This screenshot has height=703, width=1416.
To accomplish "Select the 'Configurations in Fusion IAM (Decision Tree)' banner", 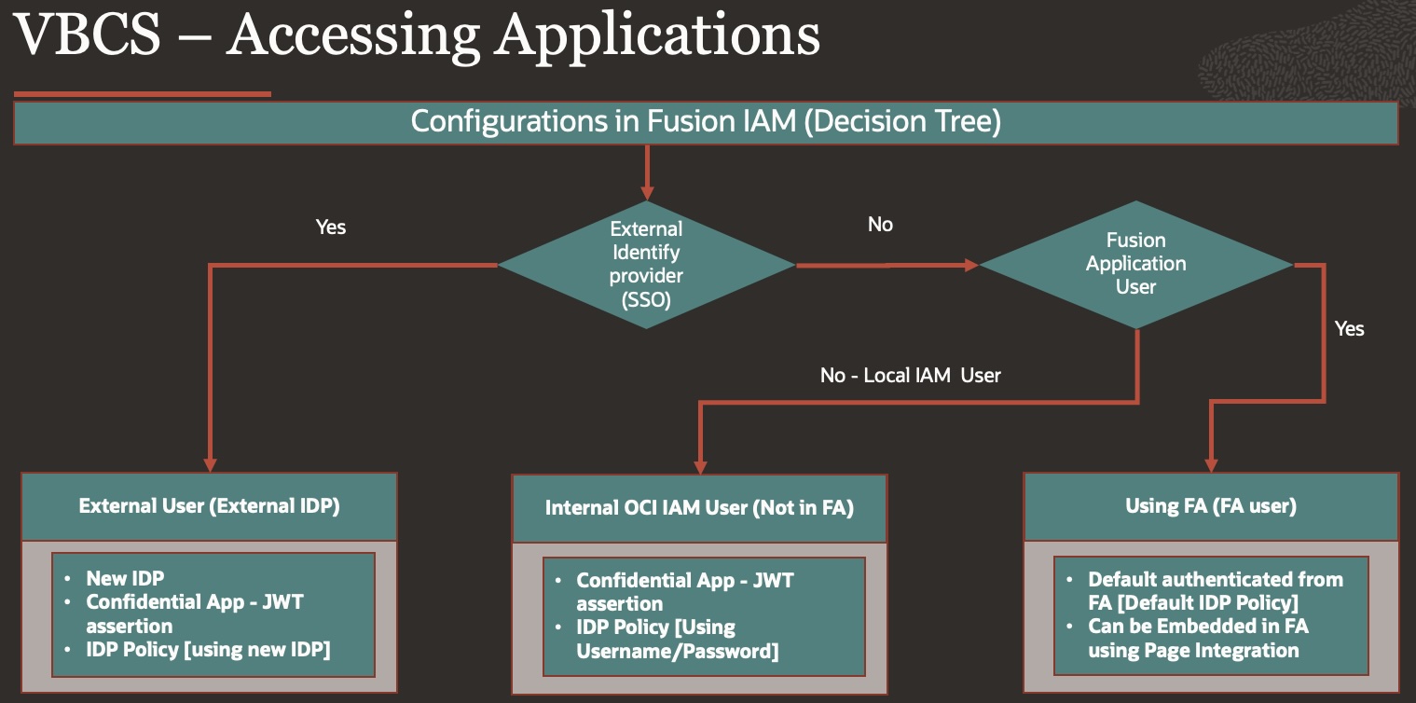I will click(706, 123).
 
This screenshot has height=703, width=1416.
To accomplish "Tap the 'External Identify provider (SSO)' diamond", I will click(646, 265).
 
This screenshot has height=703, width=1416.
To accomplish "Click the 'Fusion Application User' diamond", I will click(1135, 264).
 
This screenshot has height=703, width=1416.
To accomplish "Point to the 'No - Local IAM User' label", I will click(910, 376).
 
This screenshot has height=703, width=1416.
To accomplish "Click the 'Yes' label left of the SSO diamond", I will click(331, 227).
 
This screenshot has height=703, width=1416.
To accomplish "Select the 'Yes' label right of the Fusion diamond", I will click(1349, 328).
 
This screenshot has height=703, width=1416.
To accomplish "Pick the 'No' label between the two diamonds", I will click(880, 225).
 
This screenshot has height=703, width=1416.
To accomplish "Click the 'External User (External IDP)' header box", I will click(209, 506).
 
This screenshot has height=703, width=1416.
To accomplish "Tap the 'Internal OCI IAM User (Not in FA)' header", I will click(699, 508).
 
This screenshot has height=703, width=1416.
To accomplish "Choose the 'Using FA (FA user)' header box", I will click(1211, 506).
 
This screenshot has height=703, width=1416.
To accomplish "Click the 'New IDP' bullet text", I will click(125, 578).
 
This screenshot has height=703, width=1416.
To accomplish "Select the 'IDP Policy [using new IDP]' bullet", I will click(208, 649).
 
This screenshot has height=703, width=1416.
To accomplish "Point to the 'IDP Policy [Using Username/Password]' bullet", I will click(677, 639).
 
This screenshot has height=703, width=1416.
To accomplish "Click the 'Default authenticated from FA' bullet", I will click(1215, 590).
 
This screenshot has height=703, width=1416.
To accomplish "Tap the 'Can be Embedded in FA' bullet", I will click(1199, 638).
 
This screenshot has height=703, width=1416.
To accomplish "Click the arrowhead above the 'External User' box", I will click(210, 463).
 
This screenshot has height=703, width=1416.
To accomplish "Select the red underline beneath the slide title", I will click(142, 94).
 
